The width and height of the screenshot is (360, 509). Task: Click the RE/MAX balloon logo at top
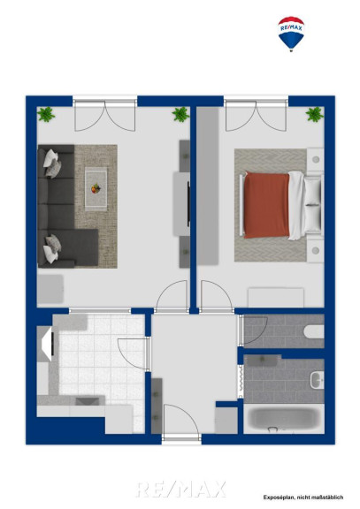[x=291, y=34]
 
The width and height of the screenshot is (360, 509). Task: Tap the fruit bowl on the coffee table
[x=96, y=188]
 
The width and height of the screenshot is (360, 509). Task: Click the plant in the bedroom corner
[x=315, y=114]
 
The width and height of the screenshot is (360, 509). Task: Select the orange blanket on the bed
[x=266, y=205]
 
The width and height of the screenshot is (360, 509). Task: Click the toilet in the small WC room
[x=314, y=331]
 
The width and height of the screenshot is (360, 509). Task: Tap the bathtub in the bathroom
[x=283, y=419]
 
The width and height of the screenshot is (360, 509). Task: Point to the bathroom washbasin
[x=317, y=380]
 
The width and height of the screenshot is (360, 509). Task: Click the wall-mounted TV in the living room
[x=188, y=204]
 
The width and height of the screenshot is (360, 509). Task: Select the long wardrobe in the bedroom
[x=208, y=186]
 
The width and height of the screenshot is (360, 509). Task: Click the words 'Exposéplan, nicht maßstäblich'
[x=303, y=498]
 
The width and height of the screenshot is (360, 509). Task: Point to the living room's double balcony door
[x=105, y=116]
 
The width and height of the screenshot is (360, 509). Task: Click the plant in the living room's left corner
[x=46, y=114]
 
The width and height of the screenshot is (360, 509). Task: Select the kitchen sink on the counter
[x=88, y=400]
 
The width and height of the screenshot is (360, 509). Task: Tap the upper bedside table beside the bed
[x=315, y=160]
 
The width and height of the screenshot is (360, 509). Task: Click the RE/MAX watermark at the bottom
[x=180, y=490]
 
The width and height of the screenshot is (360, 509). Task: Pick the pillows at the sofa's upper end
[x=53, y=163]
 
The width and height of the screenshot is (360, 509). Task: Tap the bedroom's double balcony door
[x=256, y=116]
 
